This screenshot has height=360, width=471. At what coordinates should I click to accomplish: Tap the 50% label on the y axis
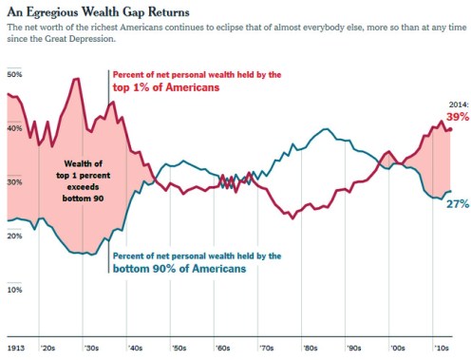click(x=14, y=73)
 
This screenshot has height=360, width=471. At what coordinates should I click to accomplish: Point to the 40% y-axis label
click(x=14, y=127)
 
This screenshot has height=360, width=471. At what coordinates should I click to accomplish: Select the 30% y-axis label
click(x=14, y=181)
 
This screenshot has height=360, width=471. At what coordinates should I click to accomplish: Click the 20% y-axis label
click(x=14, y=236)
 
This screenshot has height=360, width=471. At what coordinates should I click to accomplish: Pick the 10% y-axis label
click(x=14, y=290)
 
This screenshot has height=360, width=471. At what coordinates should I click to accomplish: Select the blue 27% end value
click(x=458, y=203)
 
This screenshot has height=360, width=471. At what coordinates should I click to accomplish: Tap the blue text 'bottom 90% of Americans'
click(x=179, y=270)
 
